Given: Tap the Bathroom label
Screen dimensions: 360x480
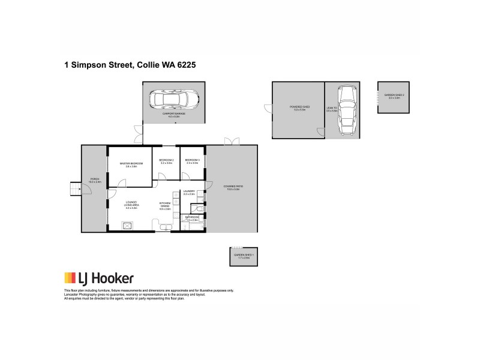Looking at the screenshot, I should [192, 219].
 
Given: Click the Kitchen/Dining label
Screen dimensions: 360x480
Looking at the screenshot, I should [166, 206].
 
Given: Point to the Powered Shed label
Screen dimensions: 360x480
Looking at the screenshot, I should [298, 109].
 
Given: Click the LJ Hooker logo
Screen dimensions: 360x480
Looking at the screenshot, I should [99, 278].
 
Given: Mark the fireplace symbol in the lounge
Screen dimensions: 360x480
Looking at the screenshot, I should [127, 226].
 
